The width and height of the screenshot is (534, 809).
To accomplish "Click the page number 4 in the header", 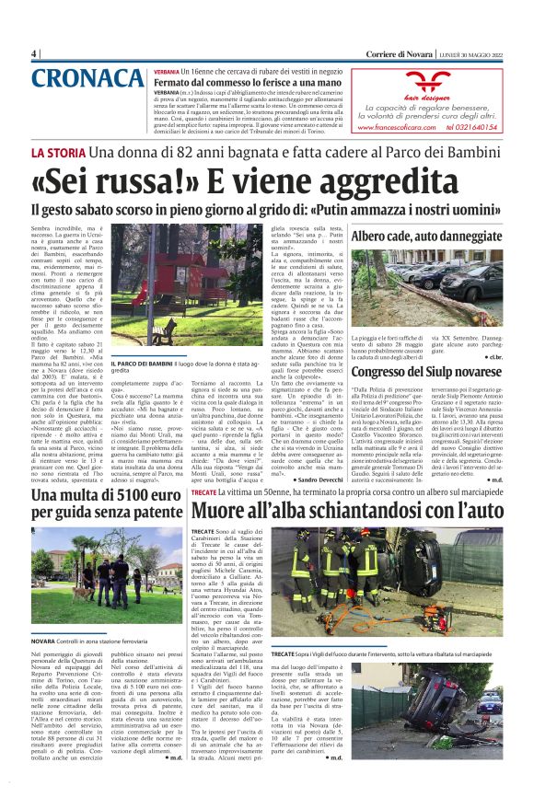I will [33, 53].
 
